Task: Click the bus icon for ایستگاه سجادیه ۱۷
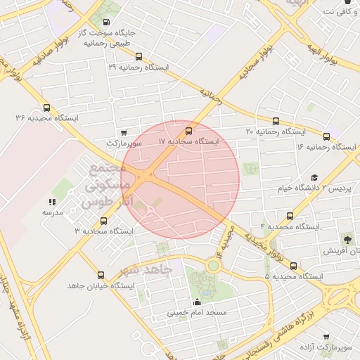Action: point(188,131)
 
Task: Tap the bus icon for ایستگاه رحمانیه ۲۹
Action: point(139,56)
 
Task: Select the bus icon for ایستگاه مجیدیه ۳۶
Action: point(46,108)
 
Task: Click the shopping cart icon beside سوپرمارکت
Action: point(124,131)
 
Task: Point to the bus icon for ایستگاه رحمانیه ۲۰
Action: point(275,121)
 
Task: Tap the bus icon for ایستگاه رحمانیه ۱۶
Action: point(326,136)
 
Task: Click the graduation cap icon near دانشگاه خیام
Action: point(314,178)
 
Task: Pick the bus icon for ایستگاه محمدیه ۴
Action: point(290,217)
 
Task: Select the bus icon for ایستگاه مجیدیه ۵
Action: point(294,266)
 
